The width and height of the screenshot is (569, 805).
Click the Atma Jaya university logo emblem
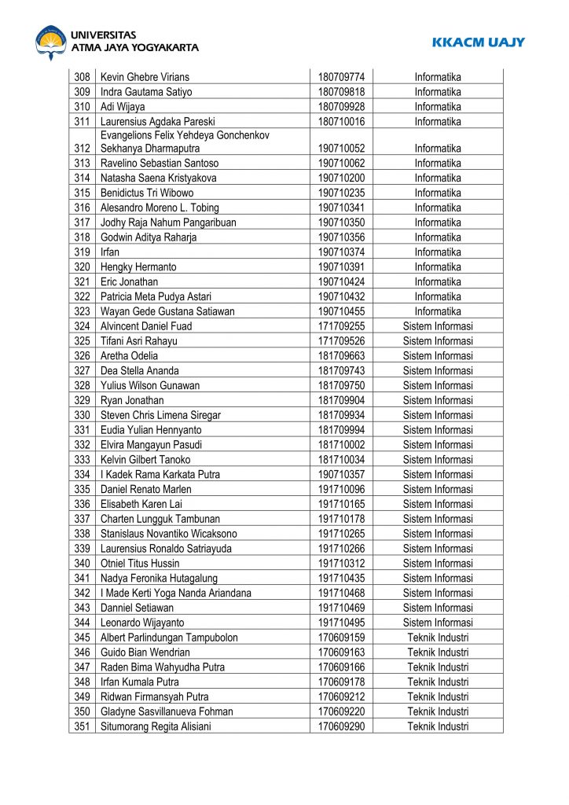51,42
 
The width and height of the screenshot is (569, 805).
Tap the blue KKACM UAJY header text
478,42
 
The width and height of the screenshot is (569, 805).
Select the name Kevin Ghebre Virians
145,77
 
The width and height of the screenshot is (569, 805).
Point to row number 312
82,149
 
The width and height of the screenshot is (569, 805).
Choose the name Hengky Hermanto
138,267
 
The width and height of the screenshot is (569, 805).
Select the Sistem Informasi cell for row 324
438,326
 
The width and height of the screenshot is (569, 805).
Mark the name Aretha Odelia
129,356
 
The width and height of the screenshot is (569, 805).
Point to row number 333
82,460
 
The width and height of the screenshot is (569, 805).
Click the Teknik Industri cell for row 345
438,638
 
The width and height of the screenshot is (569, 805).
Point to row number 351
82,726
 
